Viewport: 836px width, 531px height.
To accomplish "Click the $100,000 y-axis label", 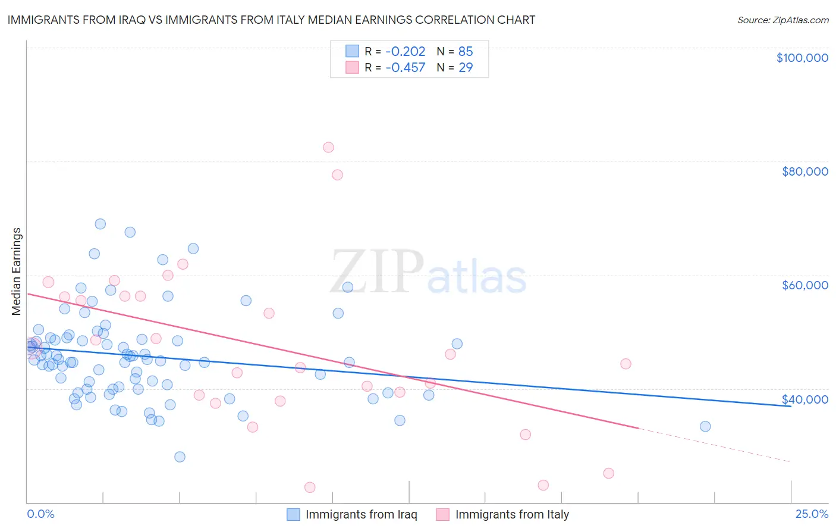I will [802, 58].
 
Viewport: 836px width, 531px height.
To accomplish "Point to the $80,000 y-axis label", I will [805, 171].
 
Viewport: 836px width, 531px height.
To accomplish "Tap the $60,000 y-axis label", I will [805, 285].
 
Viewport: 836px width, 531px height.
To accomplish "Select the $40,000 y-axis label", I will [805, 399].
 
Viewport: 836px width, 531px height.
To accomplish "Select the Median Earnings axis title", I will [16, 271].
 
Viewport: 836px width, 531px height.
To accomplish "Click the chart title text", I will [271, 20].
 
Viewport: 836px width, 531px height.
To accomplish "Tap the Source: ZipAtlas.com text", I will [782, 20].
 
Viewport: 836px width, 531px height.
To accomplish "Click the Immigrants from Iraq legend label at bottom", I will [361, 515].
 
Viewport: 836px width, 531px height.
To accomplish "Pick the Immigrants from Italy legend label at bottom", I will [512, 515].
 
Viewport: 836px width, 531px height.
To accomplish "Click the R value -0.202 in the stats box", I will [406, 52].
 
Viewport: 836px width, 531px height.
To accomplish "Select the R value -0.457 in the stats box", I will [406, 68].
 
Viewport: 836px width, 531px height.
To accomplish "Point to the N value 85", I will [466, 52].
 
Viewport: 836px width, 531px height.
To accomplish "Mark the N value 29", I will [466, 68].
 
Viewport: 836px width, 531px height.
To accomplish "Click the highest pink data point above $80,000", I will [328, 148].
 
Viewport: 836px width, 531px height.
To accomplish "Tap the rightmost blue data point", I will [705, 426].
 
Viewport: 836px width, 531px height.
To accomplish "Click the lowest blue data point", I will [180, 457].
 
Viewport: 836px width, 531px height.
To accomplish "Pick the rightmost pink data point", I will [626, 364].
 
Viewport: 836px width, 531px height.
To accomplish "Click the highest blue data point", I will [100, 224].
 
